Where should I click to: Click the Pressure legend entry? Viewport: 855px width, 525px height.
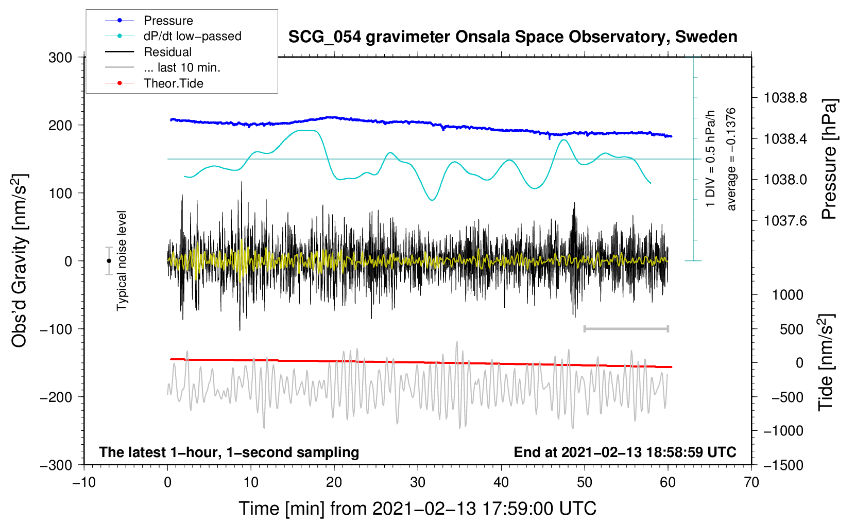pos(168,21)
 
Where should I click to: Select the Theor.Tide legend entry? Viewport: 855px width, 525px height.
pos(173,83)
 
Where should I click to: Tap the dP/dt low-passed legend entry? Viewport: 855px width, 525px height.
pos(192,36)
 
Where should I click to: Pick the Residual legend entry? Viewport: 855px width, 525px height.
pos(167,52)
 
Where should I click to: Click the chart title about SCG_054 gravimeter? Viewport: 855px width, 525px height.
pos(512,37)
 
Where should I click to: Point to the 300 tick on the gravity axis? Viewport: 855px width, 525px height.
pos(60,58)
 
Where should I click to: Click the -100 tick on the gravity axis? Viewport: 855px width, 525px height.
pos(56,329)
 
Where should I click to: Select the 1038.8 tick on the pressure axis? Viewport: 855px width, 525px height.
pos(785,98)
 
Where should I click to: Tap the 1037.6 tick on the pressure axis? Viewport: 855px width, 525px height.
pos(785,221)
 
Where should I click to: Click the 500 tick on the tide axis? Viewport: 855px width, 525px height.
pos(791,329)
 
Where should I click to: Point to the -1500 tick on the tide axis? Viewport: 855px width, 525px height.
pos(783,465)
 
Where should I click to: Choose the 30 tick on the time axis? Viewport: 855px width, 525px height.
pos(418,483)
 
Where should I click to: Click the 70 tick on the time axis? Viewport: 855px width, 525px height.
pos(751,483)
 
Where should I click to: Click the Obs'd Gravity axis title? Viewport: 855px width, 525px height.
pos(19,260)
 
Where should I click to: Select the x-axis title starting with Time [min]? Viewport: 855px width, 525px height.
pos(417,509)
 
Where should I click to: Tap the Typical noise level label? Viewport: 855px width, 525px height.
pos(122,260)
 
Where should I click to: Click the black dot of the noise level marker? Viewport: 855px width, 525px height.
pos(109,261)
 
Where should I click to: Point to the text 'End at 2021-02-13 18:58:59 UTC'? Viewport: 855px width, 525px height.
pos(625,452)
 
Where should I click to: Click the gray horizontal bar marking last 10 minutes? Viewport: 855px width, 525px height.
pos(626,328)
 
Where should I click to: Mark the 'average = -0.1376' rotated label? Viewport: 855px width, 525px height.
pos(731,159)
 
